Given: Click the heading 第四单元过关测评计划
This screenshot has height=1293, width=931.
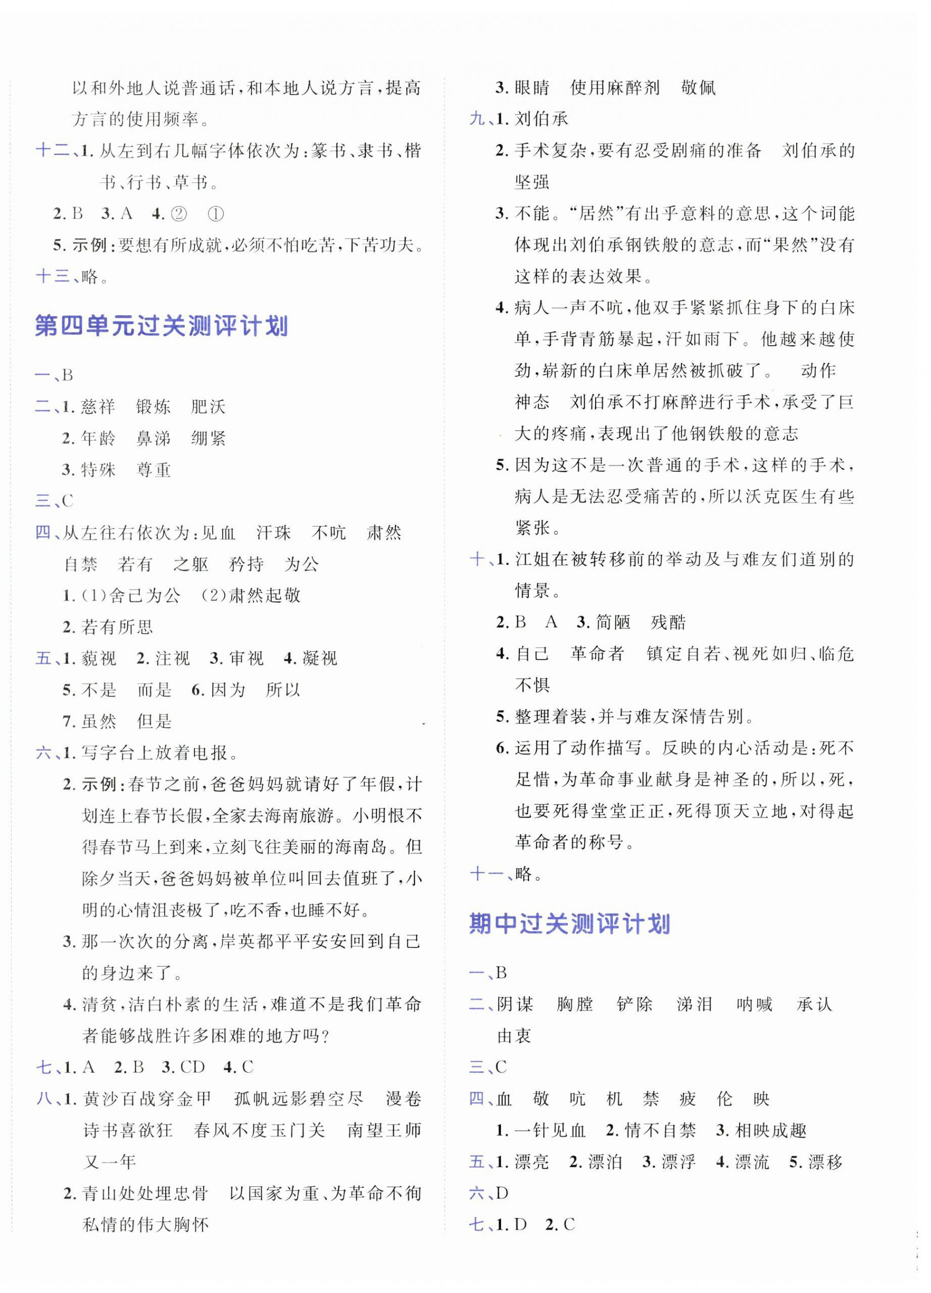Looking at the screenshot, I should click(161, 327).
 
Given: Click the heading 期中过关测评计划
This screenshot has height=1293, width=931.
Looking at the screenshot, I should click(569, 924).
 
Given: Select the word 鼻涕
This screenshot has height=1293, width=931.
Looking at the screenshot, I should click(154, 439).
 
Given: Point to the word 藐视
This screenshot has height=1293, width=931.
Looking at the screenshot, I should click(99, 659).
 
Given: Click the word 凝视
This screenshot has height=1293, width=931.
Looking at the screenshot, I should click(319, 659).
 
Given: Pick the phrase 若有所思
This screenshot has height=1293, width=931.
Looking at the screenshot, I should click(117, 628).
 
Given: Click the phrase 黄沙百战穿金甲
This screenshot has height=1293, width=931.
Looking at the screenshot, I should click(147, 1099).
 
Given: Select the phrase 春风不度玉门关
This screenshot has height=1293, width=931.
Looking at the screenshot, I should click(260, 1130).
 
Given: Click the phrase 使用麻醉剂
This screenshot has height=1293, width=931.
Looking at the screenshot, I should click(615, 88).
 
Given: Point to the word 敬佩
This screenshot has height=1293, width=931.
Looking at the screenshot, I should click(699, 88).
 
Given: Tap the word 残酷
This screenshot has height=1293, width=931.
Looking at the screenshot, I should click(668, 622).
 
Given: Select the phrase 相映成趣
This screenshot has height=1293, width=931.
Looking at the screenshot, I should click(771, 1130).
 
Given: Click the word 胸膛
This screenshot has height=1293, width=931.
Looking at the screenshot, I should click(575, 1004).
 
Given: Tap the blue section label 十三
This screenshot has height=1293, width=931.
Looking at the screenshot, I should click(53, 277).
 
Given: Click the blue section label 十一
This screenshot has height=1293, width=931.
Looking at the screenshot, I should click(486, 874).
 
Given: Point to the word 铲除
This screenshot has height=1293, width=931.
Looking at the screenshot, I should click(634, 1004).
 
